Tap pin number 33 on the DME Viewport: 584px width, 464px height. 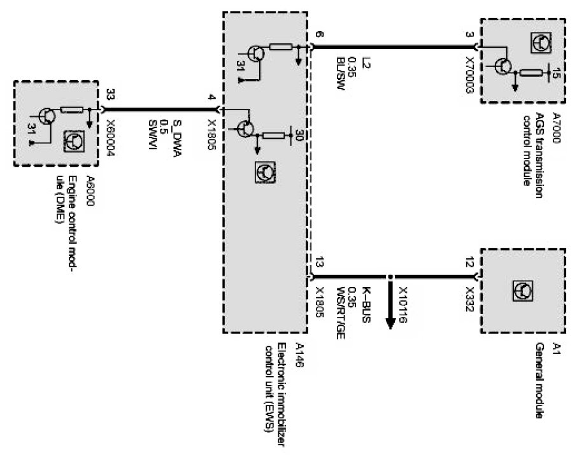click(111, 95)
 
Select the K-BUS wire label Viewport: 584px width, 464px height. click(367, 303)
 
